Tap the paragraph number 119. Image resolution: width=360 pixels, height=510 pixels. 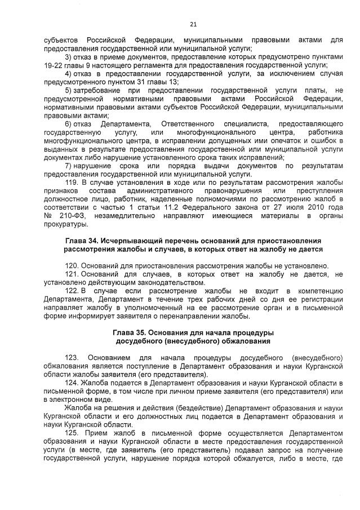click(72, 183)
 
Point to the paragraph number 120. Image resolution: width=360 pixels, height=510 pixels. click(72, 265)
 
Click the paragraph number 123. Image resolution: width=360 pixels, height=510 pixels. click(72, 358)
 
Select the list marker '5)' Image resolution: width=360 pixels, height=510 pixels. click(68, 90)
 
